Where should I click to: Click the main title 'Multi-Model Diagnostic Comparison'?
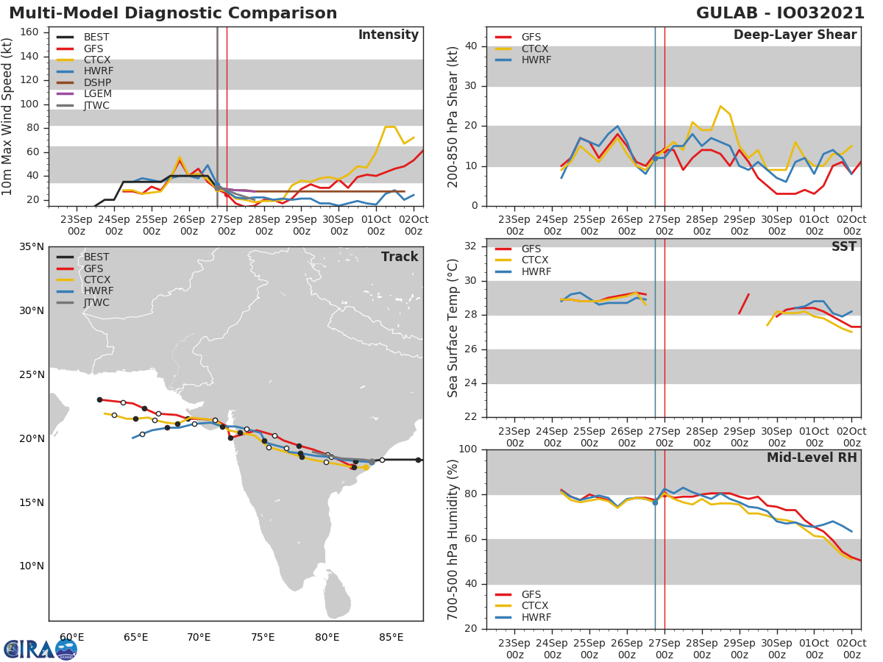173,13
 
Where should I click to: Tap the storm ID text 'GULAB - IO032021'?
779,13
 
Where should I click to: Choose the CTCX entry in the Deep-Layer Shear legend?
536,49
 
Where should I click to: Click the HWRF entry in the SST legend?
536,271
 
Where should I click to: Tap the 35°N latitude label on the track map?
32,246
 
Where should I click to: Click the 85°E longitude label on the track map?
391,637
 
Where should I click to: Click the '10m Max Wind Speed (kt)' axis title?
8,116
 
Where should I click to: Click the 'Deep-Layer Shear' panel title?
795,35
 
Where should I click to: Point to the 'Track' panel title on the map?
399,257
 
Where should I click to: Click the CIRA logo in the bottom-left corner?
40,649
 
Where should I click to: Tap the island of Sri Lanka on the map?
338,595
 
